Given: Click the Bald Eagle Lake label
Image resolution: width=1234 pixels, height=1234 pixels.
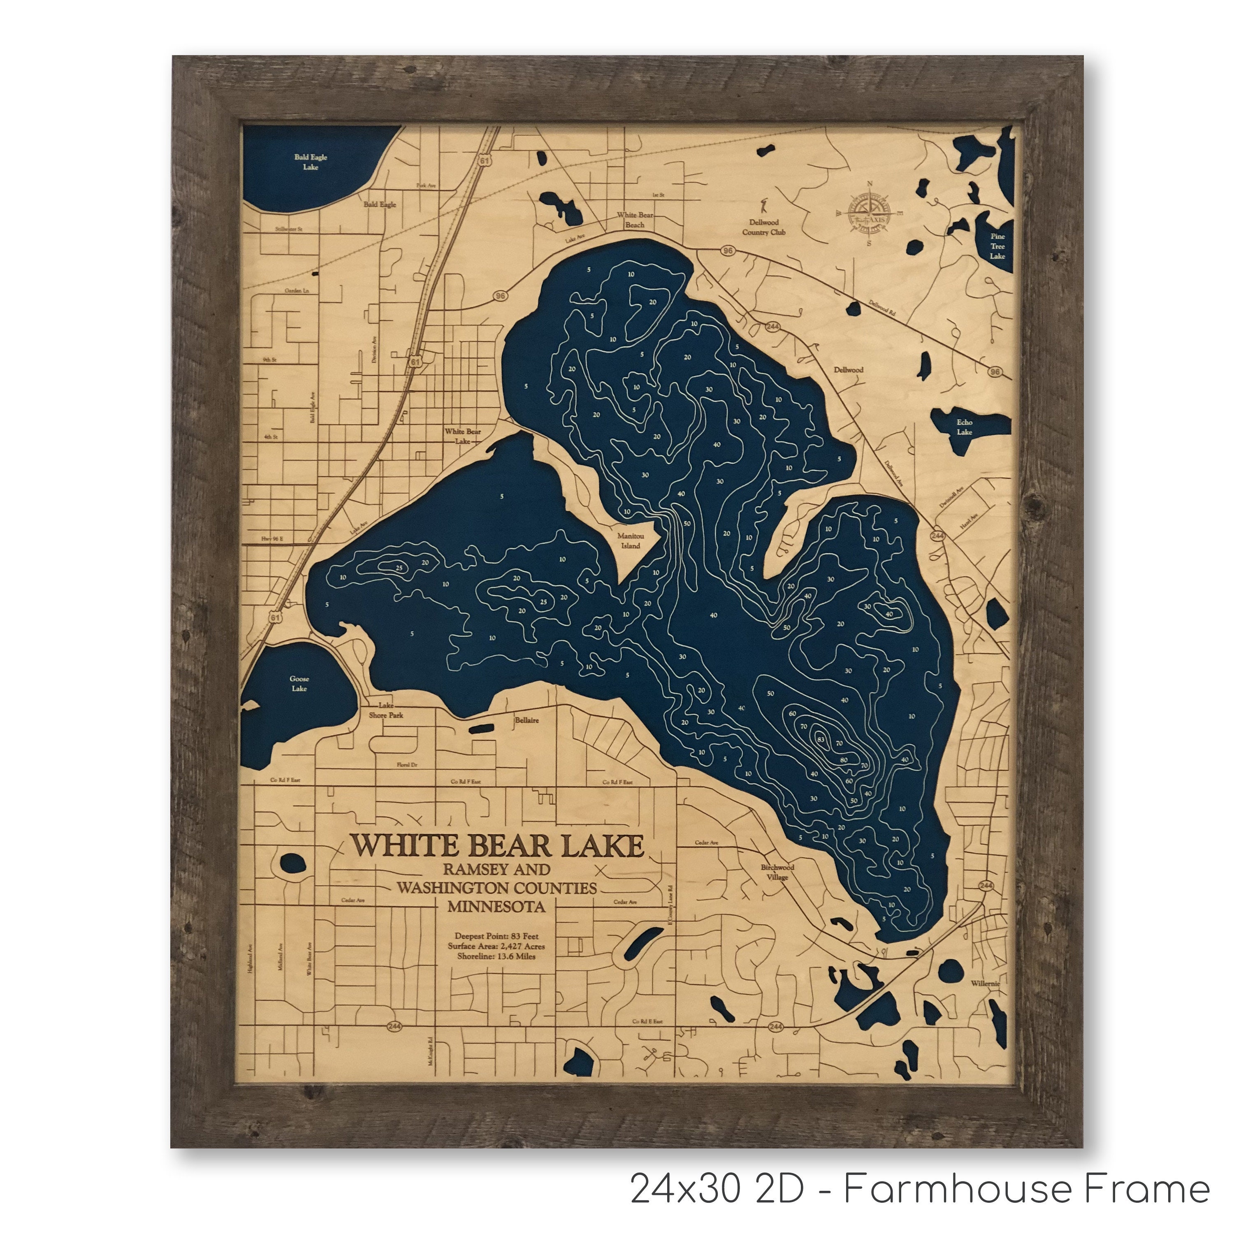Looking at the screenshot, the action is click(311, 162).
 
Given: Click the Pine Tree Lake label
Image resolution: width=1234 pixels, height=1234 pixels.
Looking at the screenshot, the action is click(997, 246).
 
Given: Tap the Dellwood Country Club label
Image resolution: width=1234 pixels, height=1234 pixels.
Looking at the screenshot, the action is click(763, 227).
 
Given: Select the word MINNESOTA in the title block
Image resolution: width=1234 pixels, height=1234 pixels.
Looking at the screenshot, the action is click(496, 906).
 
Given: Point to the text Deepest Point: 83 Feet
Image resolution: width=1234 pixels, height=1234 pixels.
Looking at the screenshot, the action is click(496, 936).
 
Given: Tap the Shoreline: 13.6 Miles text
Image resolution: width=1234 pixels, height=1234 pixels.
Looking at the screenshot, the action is click(496, 956).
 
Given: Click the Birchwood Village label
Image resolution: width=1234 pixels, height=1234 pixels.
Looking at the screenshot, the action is click(777, 872).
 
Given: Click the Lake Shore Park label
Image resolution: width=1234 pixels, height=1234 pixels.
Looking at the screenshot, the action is click(386, 710).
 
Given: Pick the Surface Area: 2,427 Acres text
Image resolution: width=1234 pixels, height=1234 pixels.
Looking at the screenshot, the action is click(496, 946).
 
